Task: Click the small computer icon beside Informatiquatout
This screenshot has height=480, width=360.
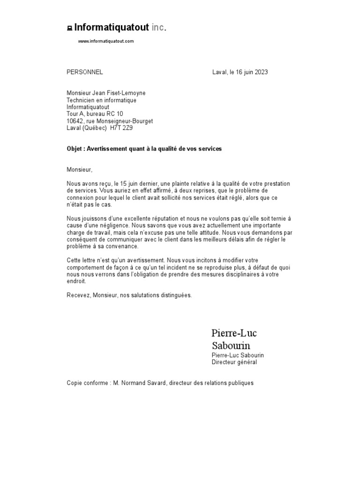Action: (69, 29)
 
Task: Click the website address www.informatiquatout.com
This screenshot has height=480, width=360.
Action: (105, 41)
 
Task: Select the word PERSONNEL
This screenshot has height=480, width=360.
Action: (85, 72)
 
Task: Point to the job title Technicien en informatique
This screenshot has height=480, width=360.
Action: (102, 100)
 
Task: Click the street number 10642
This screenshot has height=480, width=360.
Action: (75, 121)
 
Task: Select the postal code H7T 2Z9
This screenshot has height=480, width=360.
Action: (121, 128)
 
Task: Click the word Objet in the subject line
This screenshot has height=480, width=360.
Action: (75, 149)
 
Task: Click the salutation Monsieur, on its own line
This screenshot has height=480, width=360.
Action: (80, 169)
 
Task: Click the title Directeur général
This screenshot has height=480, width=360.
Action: (234, 362)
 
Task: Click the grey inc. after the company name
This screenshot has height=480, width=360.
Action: (159, 28)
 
